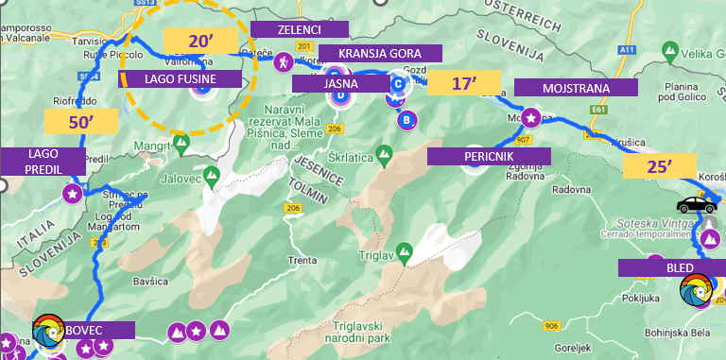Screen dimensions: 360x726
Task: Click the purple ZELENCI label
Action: point(299,30)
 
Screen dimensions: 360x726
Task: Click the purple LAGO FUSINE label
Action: point(181,79)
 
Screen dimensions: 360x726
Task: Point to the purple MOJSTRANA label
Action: point(576,88)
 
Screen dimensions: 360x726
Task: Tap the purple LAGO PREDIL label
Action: point(43,160)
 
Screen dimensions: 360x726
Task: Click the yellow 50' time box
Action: point(80,121)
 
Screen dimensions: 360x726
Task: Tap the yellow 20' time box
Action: point(200,42)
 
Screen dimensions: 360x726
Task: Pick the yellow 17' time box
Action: point(462,83)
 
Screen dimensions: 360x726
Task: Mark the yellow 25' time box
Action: point(659,167)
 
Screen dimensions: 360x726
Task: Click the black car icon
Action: point(696,204)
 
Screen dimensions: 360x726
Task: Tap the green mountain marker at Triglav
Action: point(404,251)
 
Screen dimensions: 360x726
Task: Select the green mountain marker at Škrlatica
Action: point(384,153)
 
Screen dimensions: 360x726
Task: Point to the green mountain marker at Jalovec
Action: point(213,175)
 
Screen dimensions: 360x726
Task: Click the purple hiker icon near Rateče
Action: point(282,62)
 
